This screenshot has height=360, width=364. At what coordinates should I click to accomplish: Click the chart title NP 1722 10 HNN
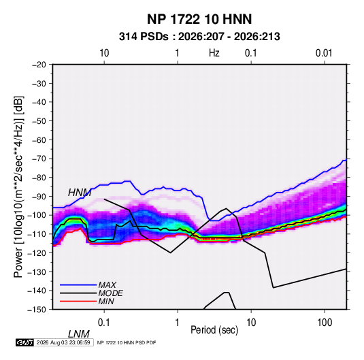click(x=199, y=19)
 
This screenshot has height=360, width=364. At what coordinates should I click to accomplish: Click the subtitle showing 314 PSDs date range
click(x=199, y=37)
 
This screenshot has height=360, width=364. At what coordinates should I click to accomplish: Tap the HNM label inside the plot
click(x=80, y=193)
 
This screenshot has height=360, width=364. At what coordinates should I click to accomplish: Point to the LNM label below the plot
click(x=79, y=334)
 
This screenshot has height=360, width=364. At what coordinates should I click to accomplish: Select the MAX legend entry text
click(x=107, y=285)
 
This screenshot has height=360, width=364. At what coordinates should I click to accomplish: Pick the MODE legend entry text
click(x=110, y=293)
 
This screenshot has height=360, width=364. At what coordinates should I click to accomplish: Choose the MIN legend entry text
click(x=106, y=301)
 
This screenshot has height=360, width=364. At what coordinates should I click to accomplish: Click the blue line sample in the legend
click(x=78, y=285)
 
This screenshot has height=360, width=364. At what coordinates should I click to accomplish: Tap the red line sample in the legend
click(x=78, y=301)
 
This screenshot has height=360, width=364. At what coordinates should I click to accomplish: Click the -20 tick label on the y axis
click(x=39, y=65)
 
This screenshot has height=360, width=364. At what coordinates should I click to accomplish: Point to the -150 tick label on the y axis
click(x=37, y=310)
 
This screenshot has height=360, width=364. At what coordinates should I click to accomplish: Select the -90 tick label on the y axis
click(x=39, y=196)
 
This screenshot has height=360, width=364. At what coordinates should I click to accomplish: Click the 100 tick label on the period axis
click(x=325, y=323)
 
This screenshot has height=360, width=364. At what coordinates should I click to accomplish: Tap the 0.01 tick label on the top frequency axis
click(x=324, y=53)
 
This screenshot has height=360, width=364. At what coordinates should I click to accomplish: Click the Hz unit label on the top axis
click(x=214, y=53)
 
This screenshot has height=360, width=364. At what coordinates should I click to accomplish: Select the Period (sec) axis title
click(x=214, y=330)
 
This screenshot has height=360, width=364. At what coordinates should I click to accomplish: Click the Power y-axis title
click(x=18, y=186)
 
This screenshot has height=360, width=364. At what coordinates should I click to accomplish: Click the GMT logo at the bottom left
click(x=24, y=342)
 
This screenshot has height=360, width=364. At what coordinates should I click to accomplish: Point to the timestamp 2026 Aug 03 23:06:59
click(x=63, y=342)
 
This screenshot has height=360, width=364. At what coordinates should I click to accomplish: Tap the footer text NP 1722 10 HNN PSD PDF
click(x=127, y=342)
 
